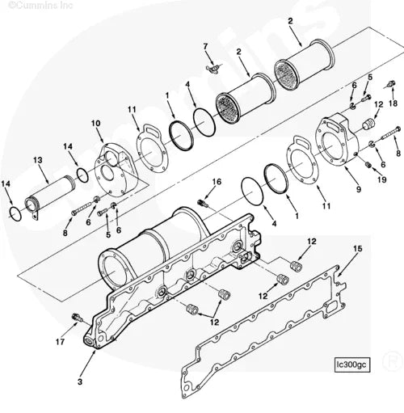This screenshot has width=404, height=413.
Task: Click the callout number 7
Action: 205,45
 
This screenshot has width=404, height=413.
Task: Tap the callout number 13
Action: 37,161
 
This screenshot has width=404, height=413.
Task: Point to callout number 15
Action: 358,247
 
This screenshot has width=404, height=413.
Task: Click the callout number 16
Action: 217,181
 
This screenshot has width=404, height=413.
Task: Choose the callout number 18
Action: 393,104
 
